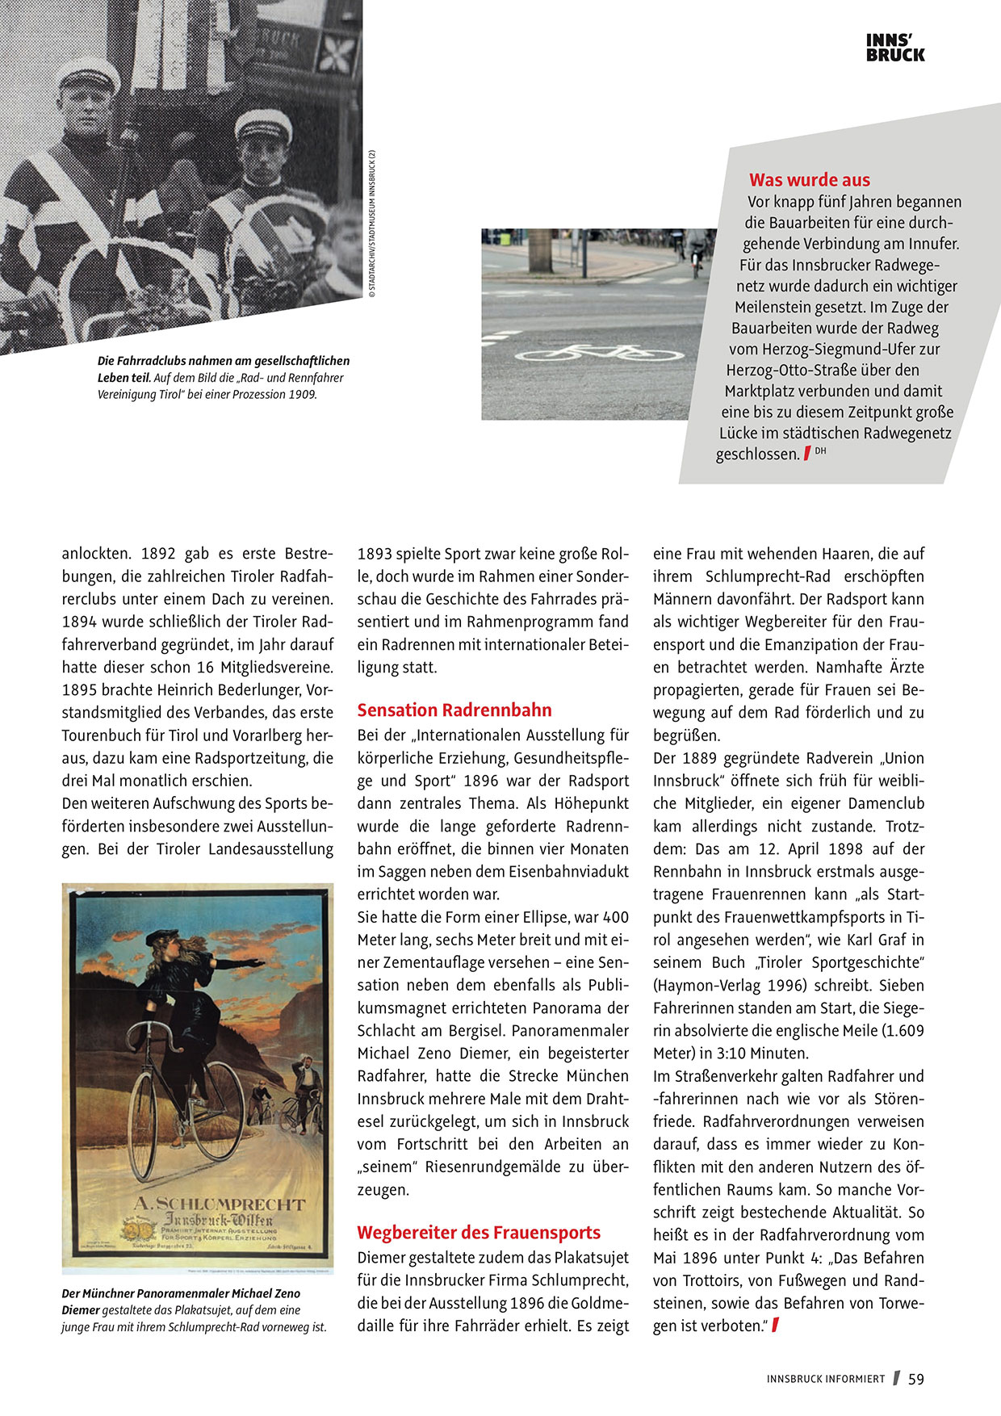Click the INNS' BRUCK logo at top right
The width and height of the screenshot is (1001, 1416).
(895, 48)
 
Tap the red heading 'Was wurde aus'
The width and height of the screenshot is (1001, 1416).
(809, 180)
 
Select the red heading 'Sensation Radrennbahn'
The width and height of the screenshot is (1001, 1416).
(454, 710)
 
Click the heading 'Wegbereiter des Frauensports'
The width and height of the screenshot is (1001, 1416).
(479, 1233)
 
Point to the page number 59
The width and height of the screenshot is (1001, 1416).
(915, 1379)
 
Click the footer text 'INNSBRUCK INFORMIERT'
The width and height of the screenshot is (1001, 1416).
(826, 1380)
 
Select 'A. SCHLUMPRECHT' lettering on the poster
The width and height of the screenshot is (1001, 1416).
(219, 1204)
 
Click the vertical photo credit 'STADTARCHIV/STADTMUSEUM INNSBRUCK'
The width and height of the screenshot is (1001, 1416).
(372, 225)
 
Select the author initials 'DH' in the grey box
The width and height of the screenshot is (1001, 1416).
(820, 450)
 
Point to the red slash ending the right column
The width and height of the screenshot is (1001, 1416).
(776, 1325)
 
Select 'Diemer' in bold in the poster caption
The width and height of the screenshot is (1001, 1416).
(81, 1310)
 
